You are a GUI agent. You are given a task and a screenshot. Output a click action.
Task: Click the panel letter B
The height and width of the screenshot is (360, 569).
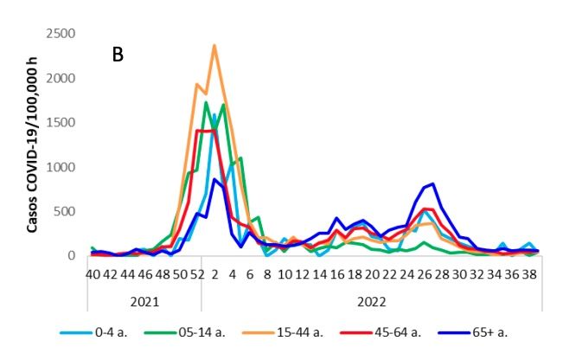coord(118,55)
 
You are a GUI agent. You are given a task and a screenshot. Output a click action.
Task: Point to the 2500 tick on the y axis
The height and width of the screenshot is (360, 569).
coord(61,34)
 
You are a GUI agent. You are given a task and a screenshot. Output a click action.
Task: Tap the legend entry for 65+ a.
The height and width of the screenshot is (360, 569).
coord(494,331)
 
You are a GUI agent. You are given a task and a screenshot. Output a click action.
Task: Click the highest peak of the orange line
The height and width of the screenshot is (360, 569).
coord(214,46)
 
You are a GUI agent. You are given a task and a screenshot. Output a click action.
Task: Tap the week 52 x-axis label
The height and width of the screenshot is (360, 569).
coord(198,274)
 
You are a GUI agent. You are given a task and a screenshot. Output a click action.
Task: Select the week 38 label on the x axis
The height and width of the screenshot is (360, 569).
coord(534,274)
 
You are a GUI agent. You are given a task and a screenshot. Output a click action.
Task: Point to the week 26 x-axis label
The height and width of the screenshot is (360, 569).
coord(425,274)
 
